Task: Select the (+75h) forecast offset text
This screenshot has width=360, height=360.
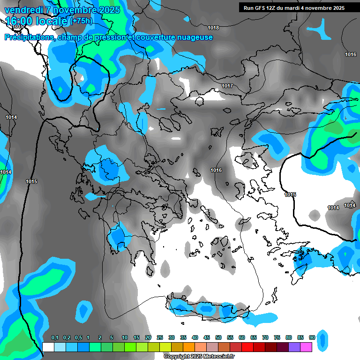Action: click(81, 21)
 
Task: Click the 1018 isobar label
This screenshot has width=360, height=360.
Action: click(213, 28)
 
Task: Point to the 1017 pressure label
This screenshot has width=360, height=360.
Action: click(227, 86)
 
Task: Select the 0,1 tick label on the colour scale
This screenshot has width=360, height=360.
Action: click(54, 338)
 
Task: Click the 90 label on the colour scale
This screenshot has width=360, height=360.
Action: click(312, 338)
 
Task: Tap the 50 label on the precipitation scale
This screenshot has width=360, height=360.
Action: click(218, 338)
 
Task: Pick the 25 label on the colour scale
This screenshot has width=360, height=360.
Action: click(160, 338)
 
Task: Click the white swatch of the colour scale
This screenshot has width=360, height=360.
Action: click(48, 347)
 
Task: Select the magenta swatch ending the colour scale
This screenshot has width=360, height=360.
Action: click(306, 347)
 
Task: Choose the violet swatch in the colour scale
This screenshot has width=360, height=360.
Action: click(294, 347)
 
